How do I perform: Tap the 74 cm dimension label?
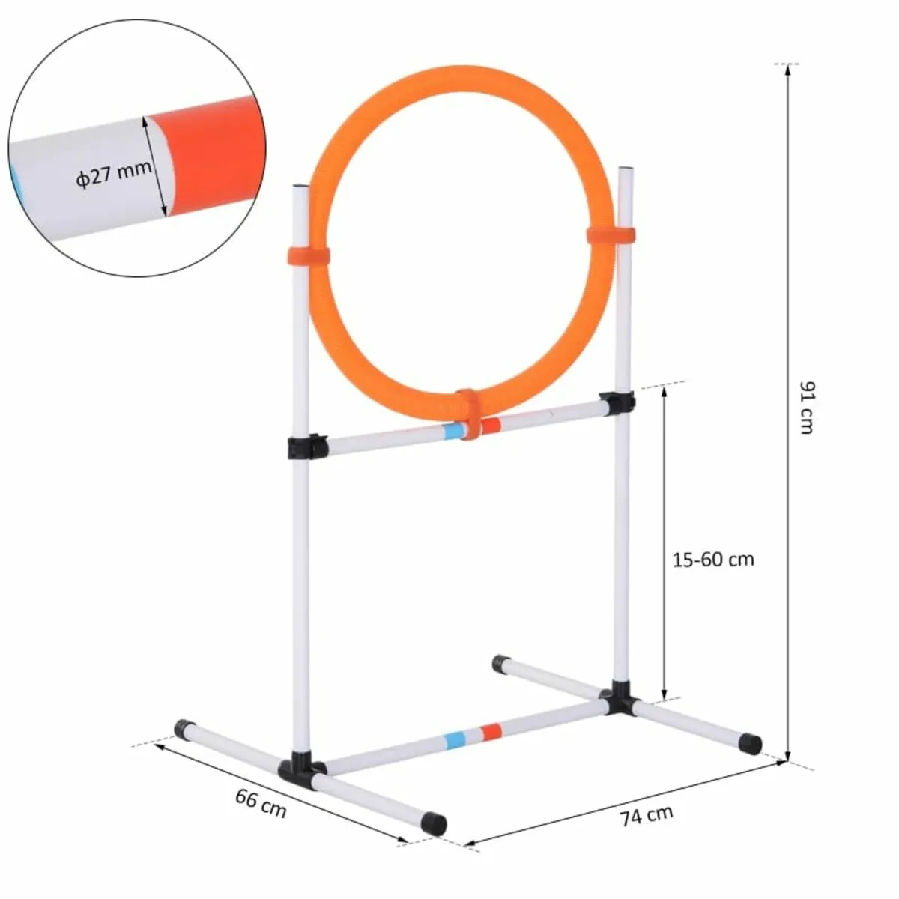click(647, 814)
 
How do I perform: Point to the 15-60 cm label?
click(712, 559)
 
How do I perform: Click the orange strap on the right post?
click(611, 235)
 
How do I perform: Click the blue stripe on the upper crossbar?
click(454, 431)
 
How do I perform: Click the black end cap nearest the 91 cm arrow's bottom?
click(750, 744)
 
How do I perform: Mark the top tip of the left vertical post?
click(299, 185)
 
